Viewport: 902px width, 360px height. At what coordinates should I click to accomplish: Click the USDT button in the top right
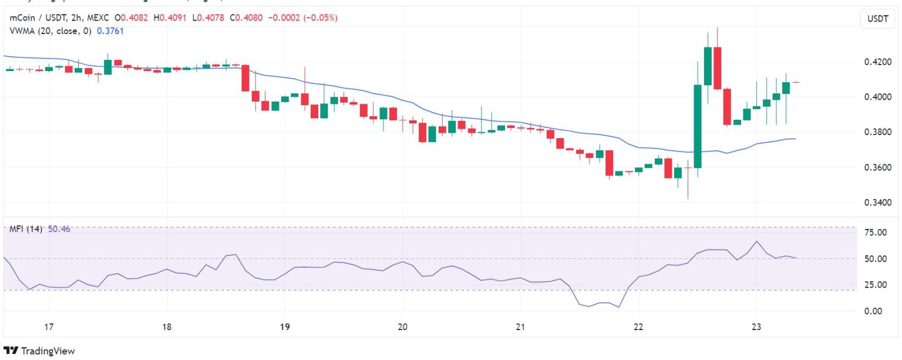(877, 19)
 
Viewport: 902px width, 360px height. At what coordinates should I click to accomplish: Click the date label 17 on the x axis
(49, 327)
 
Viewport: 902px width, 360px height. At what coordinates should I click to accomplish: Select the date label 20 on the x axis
(402, 327)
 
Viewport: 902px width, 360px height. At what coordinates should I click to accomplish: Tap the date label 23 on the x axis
(756, 327)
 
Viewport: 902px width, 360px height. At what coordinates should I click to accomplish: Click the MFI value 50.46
(59, 229)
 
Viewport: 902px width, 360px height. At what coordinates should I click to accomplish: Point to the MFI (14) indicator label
(26, 229)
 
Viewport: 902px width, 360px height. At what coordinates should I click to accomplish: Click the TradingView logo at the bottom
(39, 351)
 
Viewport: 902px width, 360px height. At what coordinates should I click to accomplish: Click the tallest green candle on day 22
(698, 126)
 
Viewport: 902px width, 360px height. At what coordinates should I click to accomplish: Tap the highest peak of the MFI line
(757, 241)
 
